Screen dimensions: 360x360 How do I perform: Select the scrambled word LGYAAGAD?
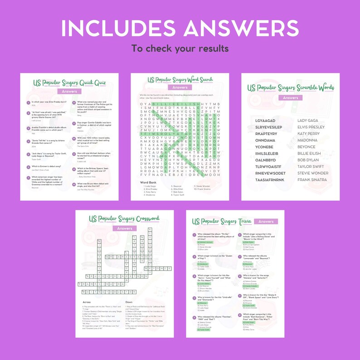point(266,121)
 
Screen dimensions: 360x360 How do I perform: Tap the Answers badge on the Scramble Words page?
point(290,97)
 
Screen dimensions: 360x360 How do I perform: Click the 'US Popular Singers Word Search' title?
point(180,80)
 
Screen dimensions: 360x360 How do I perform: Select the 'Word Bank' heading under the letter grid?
point(148,182)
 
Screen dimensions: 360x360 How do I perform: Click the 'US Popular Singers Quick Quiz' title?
point(69,83)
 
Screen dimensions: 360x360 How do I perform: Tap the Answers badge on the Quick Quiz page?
point(69,91)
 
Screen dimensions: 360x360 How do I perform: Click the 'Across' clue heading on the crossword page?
point(87,302)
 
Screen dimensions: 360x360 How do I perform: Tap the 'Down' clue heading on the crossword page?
point(128,302)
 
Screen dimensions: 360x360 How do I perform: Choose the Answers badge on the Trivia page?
point(266,222)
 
